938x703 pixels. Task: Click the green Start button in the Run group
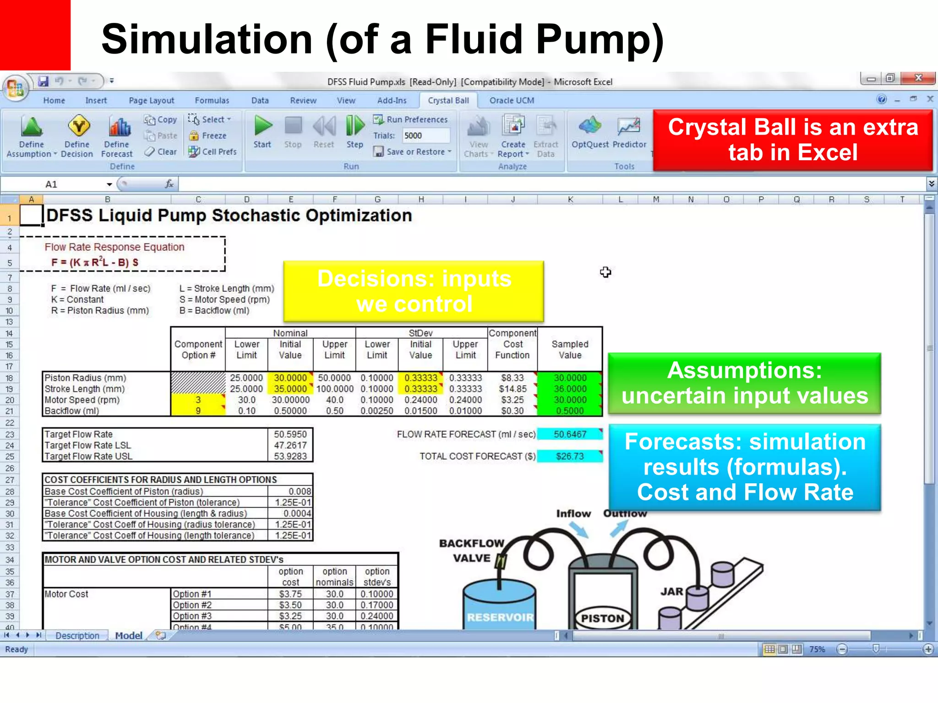[263, 131]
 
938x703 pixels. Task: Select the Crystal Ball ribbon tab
[448, 100]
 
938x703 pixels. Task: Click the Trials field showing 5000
[425, 135]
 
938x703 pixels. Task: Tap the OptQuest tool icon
[589, 131]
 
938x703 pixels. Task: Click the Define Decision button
[77, 135]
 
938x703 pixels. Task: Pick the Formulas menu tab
[212, 100]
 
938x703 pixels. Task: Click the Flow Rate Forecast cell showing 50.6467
[570, 434]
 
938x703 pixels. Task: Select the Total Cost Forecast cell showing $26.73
[570, 456]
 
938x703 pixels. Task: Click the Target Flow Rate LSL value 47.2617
[290, 445]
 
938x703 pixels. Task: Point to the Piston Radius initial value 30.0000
[290, 378]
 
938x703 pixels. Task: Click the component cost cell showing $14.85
[513, 389]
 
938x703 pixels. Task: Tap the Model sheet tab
[129, 636]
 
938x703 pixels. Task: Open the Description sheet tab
[77, 636]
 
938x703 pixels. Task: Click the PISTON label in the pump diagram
[602, 618]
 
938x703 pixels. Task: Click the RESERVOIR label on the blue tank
[500, 617]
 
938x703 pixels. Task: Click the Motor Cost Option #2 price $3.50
[290, 605]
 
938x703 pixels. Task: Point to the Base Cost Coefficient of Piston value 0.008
[300, 491]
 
